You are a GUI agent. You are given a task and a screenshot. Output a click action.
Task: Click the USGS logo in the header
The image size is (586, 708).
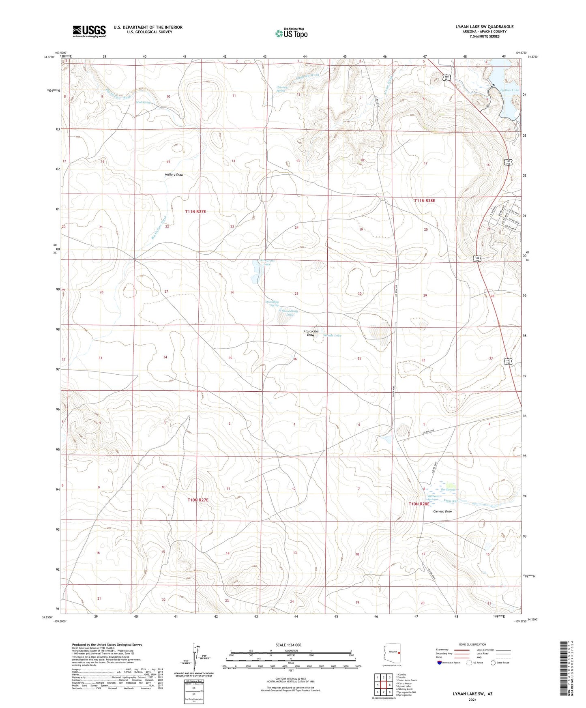click(89, 31)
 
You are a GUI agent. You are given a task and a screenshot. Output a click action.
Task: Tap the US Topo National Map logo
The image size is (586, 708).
click(291, 33)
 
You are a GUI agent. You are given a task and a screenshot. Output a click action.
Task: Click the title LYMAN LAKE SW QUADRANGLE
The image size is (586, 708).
click(484, 27)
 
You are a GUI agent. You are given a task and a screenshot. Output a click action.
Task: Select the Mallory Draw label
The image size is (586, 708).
click(174, 175)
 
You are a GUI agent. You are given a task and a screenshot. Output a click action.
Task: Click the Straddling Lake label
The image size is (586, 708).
click(288, 313)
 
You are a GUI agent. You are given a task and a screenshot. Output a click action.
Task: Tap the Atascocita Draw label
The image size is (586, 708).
click(311, 333)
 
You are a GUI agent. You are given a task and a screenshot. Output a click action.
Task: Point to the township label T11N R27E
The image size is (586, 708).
click(195, 212)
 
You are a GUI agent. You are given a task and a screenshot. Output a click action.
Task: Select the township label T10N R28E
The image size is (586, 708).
click(419, 504)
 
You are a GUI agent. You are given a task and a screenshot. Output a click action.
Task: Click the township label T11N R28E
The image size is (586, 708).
click(424, 201)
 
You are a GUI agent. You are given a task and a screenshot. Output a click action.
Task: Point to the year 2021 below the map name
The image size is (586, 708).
click(472, 699)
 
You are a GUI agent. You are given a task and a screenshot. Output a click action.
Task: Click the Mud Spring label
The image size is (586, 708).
click(143, 103)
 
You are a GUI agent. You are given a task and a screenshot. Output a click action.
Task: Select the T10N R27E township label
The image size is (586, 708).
click(198, 500)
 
